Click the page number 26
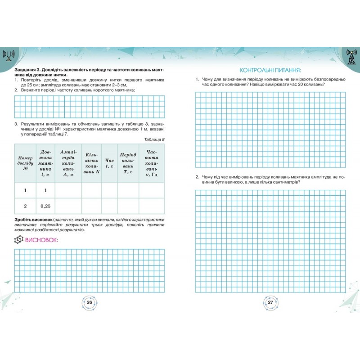click(x=89, y=302)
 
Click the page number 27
click(x=270, y=302)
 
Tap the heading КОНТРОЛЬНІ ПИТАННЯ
click(x=270, y=70)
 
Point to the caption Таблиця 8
click(x=155, y=139)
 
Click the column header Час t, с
click(x=109, y=162)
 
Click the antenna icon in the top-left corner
click(x=9, y=55)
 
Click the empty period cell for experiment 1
click(x=128, y=190)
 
